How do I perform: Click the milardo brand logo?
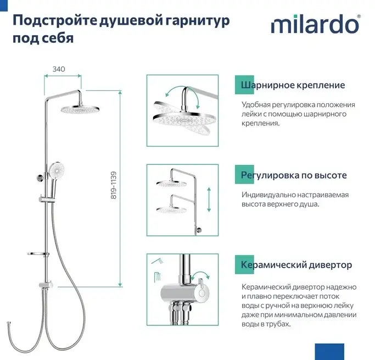click(x=316, y=24)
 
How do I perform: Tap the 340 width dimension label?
click(x=59, y=69)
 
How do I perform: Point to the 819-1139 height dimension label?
click(x=114, y=185)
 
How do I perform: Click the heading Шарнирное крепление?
click(x=293, y=85)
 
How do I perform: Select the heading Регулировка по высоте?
click(x=294, y=175)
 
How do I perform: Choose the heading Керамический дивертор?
click(x=296, y=265)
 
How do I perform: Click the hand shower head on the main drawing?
click(x=57, y=170)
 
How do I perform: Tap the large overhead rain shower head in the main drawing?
click(x=80, y=109)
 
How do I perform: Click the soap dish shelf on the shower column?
click(x=38, y=254)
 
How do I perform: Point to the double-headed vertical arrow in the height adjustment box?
click(x=209, y=200)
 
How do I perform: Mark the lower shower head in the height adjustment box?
click(x=171, y=210)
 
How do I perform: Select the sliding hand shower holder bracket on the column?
click(x=47, y=199)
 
